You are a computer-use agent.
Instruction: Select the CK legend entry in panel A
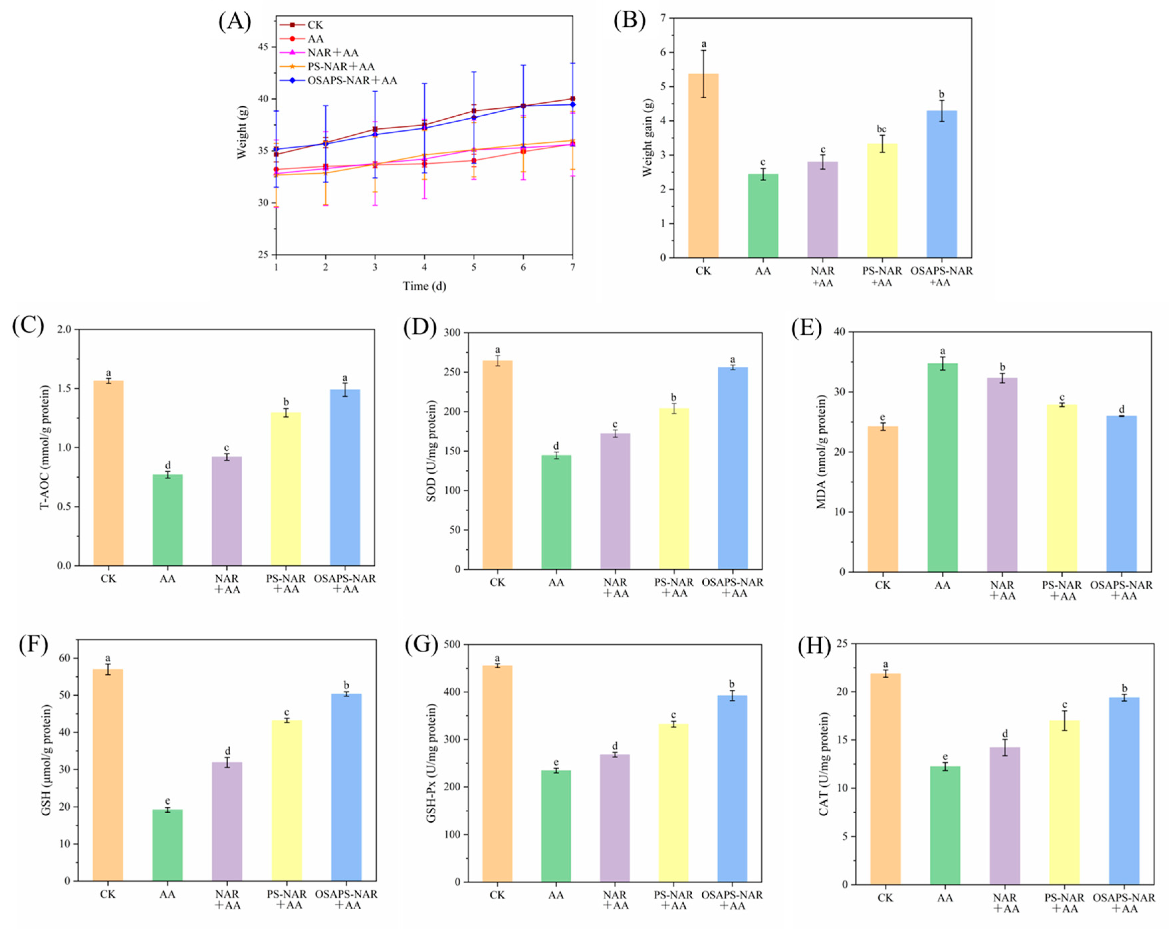tap(315, 25)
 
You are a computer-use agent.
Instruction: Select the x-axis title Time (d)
tap(424, 286)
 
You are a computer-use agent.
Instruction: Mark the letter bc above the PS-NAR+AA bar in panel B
tap(881, 129)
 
